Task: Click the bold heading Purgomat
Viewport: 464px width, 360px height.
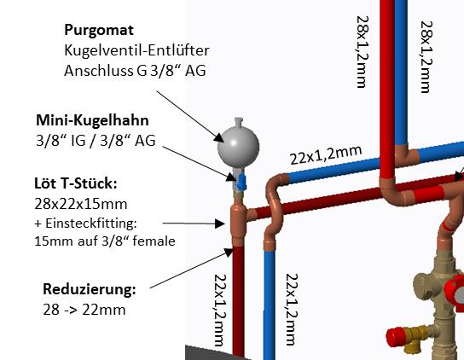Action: [99, 30]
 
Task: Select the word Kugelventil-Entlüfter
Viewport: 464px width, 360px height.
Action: [136, 50]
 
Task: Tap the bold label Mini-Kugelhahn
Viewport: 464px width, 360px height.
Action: [92, 120]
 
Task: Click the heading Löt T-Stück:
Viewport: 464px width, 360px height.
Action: [76, 183]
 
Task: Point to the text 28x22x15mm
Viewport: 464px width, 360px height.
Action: [81, 204]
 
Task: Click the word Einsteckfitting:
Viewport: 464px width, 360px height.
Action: [91, 224]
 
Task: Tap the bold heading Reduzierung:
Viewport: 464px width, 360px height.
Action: [90, 289]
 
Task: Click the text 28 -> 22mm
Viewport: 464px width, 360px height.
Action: [84, 310]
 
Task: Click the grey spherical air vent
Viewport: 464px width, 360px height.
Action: [238, 146]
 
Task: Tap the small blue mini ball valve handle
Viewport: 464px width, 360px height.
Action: [241, 182]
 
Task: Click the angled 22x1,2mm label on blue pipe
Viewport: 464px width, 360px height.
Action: [326, 155]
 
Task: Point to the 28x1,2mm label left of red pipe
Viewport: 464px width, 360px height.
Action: [362, 52]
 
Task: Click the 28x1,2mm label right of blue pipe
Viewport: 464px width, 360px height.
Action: [426, 57]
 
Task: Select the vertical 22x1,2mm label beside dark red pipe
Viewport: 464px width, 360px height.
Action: [220, 311]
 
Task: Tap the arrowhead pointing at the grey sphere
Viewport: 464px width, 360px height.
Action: [219, 137]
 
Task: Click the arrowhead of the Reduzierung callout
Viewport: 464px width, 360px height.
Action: [229, 253]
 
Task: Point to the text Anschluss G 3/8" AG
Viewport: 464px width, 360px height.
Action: [135, 71]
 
